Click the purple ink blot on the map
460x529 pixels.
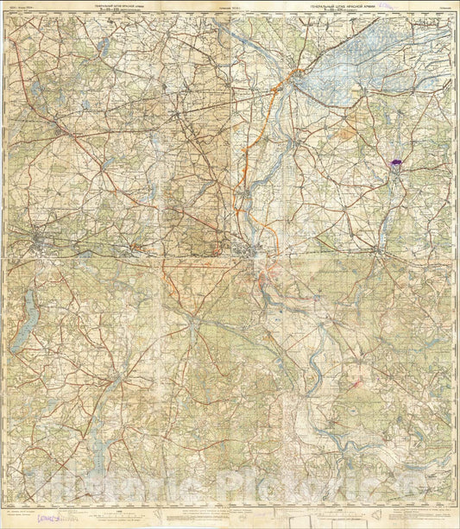pos(397,161)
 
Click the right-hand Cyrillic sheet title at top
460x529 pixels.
pos(344,9)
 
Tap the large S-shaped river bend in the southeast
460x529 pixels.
pos(320,371)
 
